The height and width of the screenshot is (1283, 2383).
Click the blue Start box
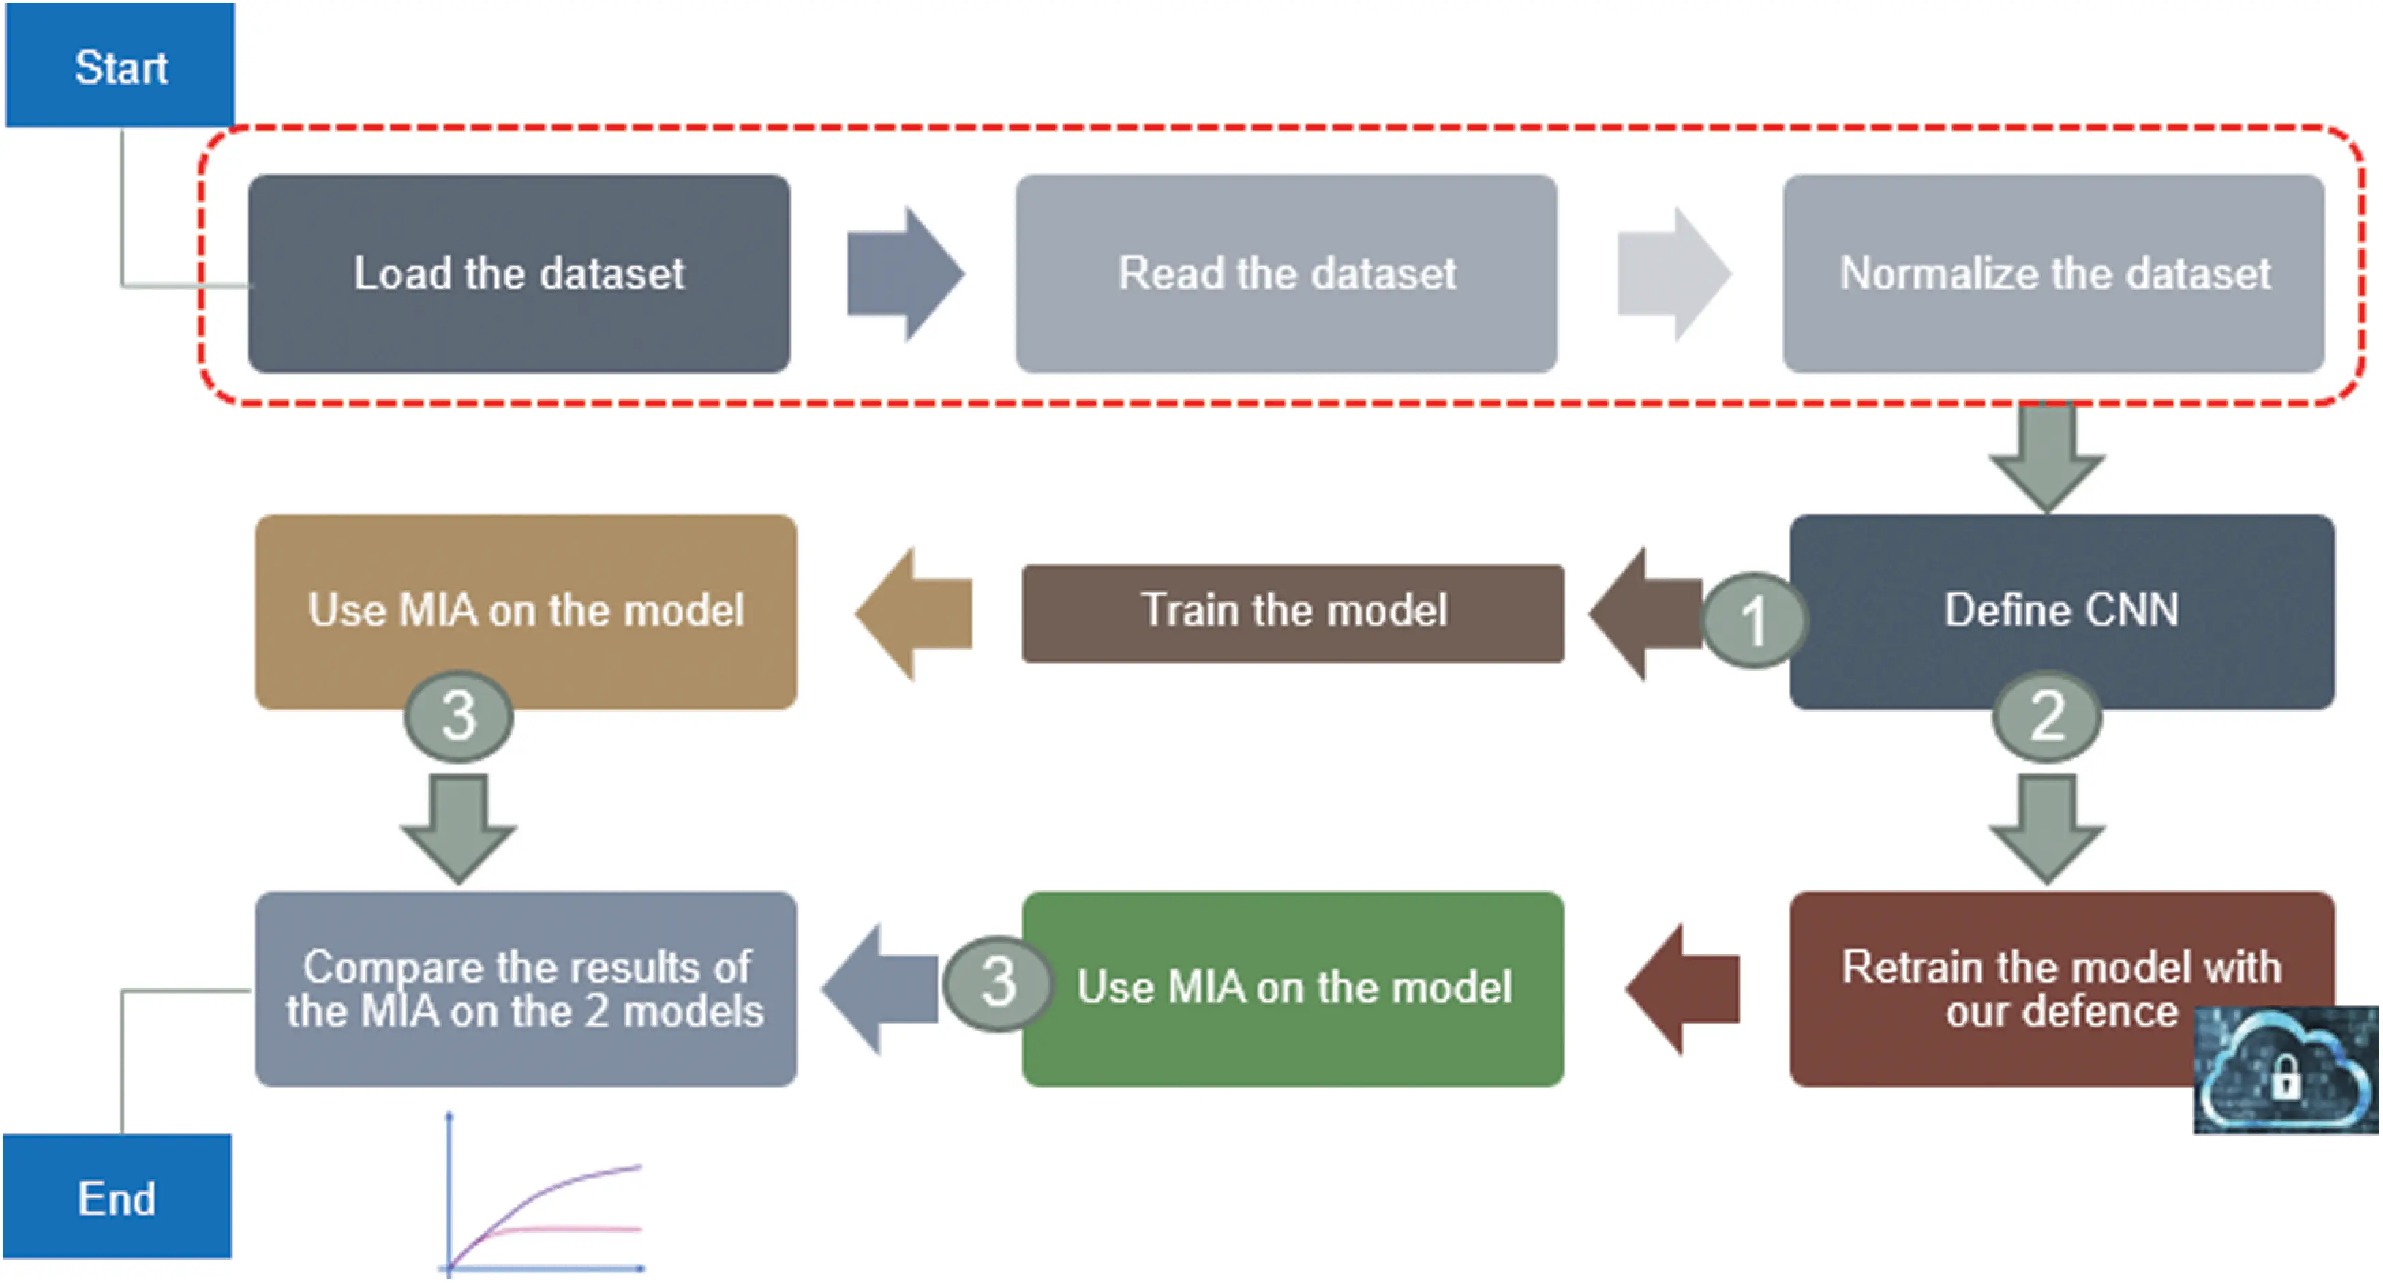pos(120,65)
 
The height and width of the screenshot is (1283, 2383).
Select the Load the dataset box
pos(519,274)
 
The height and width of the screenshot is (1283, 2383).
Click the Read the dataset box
pos(1286,274)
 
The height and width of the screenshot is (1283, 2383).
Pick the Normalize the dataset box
pos(2053,274)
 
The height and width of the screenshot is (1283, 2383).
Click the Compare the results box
pos(526,988)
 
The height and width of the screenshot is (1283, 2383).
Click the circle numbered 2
pos(2046,715)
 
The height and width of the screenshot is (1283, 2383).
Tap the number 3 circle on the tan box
pos(459,715)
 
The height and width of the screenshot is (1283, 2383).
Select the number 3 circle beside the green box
pos(998,982)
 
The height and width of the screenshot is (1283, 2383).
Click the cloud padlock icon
pos(2285,1071)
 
